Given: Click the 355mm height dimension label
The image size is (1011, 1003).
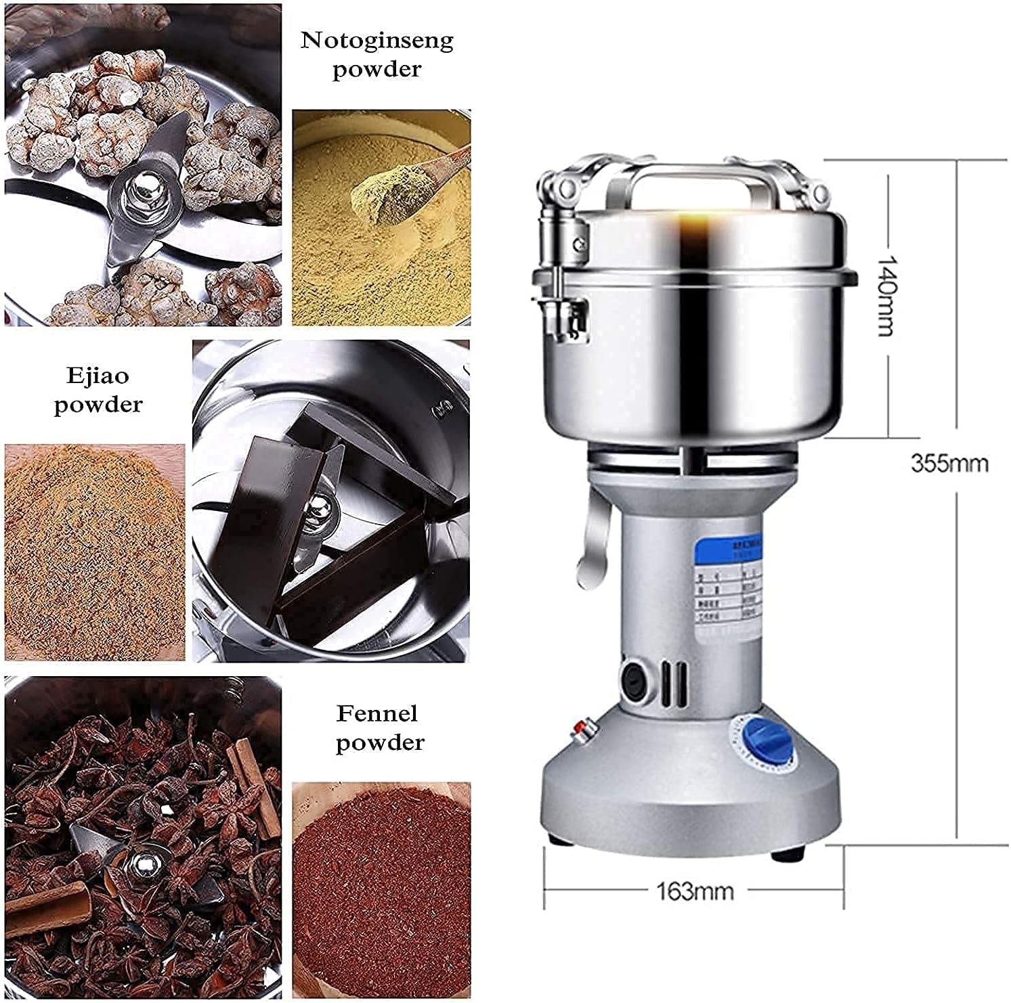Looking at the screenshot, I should tap(949, 464).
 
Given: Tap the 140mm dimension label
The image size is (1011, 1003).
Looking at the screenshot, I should tap(885, 295).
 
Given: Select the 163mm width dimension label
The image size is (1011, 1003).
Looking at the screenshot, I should tap(694, 891).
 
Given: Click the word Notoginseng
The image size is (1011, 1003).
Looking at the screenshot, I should tap(377, 41).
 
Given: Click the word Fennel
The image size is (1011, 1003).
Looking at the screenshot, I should tap(377, 713).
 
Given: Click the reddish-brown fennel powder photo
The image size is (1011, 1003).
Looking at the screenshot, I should tap(381, 889).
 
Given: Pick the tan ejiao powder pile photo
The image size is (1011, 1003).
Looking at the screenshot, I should tap(94, 552).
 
